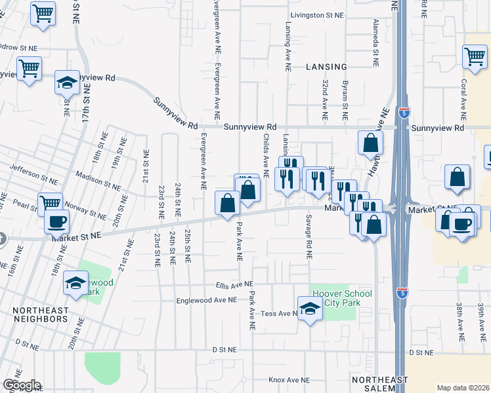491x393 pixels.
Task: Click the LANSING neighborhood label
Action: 326,67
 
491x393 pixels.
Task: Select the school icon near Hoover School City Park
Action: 309,309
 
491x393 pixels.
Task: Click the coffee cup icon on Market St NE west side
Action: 57,221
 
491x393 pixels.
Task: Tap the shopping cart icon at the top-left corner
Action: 43,13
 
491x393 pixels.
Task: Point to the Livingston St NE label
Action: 318,14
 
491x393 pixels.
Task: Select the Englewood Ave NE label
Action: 205,300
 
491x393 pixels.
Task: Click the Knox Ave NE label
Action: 289,380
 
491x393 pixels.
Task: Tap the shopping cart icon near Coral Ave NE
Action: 475,56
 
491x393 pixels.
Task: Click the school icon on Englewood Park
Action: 76,284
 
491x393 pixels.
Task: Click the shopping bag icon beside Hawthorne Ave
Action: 370,143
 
